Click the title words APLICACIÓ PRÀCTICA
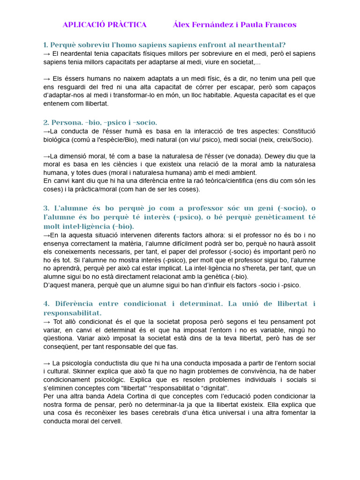105,25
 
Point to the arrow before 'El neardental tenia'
46,53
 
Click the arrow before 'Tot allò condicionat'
46,322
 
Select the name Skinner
67,372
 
